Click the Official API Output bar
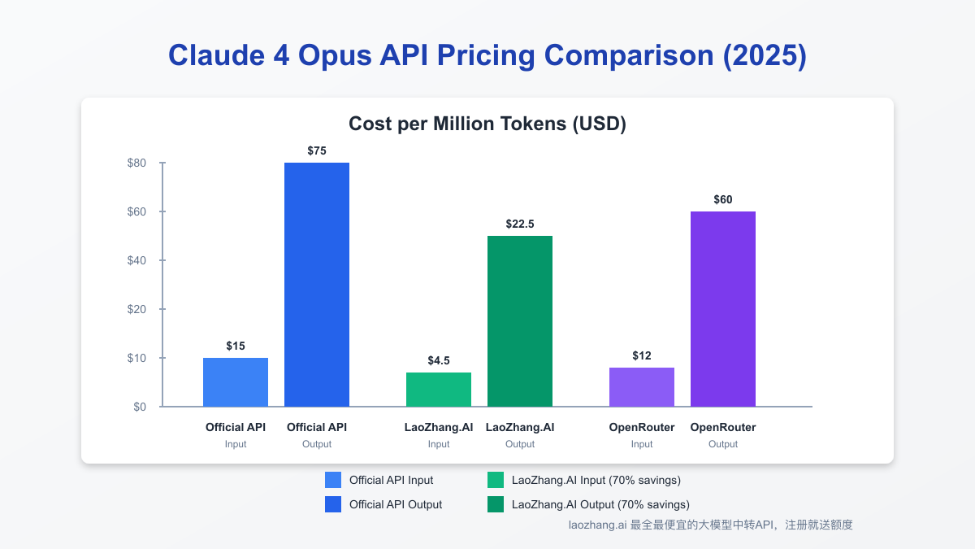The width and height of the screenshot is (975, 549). (x=317, y=285)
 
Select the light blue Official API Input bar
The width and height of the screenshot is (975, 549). (x=236, y=382)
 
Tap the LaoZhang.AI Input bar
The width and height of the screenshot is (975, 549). (x=439, y=390)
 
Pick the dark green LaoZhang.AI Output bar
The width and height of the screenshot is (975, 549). (x=520, y=321)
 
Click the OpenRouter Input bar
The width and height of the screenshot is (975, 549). (x=642, y=387)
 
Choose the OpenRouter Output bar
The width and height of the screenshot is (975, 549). (x=723, y=309)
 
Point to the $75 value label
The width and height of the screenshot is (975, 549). (x=317, y=150)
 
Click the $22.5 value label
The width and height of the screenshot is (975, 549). (x=520, y=224)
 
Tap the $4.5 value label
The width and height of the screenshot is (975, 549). (x=439, y=360)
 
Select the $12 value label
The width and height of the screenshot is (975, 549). (x=642, y=355)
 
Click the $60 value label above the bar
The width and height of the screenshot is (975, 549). (x=723, y=199)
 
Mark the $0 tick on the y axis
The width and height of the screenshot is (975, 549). (x=140, y=407)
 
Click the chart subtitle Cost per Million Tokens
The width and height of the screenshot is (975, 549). (x=487, y=124)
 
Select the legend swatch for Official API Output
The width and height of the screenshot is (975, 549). (x=332, y=504)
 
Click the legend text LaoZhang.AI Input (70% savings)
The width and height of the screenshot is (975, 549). (x=596, y=480)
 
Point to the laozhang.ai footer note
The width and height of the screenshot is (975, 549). (x=710, y=525)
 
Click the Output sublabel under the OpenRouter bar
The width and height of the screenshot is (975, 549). (x=723, y=444)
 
